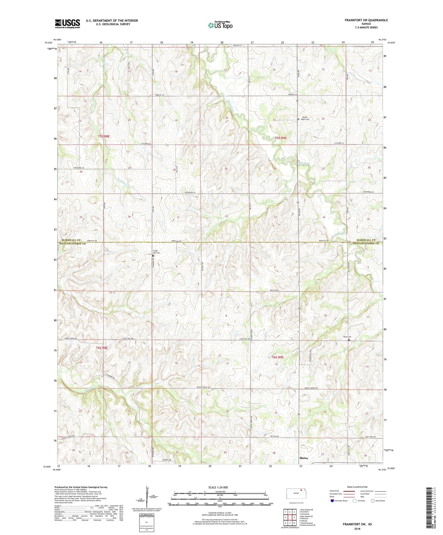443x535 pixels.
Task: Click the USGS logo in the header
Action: pos(67,24)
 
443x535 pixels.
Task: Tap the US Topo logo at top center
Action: pos(220,25)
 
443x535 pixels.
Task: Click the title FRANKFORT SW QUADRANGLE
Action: pos(366,20)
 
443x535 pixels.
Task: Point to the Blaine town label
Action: pos(304,458)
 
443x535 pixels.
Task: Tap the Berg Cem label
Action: pos(347,337)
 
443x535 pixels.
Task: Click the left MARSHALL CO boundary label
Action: pos(71,240)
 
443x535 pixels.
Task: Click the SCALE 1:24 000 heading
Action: pos(218,488)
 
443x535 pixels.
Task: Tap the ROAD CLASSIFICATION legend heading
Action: pos(357,487)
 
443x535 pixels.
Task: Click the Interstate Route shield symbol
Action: pos(333,501)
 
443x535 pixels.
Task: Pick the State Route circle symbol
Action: pos(373,501)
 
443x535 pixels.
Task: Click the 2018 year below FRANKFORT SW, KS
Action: pos(357,529)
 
